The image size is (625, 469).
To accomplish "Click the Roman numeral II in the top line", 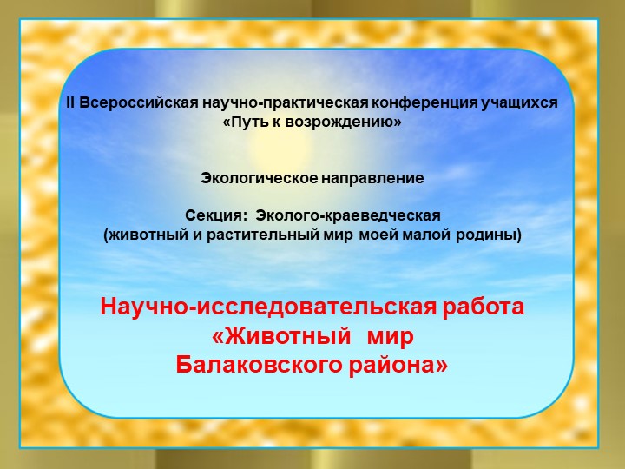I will coord(72,103).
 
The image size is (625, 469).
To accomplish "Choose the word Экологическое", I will coord(260,178).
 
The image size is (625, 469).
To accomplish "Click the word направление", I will coord(373,178).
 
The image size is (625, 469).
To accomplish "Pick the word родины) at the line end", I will coord(494,234).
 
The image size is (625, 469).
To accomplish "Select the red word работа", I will coord(487,307).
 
